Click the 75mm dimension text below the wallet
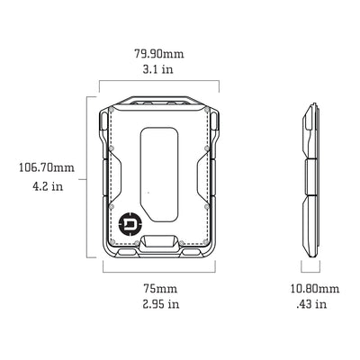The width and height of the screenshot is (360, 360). [159, 288]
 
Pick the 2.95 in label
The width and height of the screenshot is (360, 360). [159, 304]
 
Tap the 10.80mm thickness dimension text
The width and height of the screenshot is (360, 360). [314, 288]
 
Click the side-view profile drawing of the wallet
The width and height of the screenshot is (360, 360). [309, 180]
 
